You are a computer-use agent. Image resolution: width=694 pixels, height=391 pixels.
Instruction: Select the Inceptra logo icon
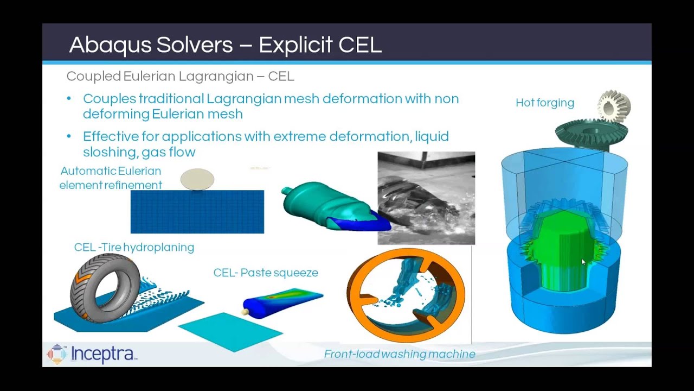[x=57, y=354]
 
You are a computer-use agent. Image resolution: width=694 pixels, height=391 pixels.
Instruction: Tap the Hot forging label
[x=544, y=103]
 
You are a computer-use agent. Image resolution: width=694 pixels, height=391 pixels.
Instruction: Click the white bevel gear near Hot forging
[x=615, y=106]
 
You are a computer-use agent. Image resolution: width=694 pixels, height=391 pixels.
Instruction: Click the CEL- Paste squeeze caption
[x=266, y=273]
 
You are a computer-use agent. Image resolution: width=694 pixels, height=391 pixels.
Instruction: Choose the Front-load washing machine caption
[x=399, y=354]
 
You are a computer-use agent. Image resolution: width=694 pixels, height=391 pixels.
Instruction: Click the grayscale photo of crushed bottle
[x=426, y=198]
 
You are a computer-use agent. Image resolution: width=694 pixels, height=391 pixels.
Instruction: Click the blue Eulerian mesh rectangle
[x=197, y=212]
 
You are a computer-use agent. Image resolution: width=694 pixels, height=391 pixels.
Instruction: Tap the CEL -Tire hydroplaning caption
[x=134, y=248]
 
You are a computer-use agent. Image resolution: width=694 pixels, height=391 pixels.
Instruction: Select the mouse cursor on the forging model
[x=584, y=262]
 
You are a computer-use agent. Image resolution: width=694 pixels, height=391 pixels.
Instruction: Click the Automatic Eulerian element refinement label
[x=111, y=178]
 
